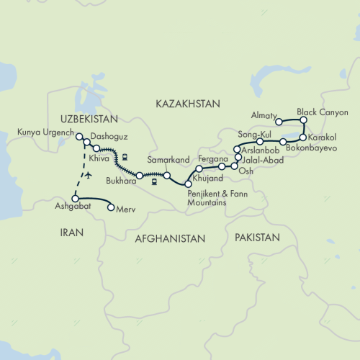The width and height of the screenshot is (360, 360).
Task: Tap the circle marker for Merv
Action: pyautogui.click(x=110, y=208)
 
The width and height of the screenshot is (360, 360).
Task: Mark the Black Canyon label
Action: pyautogui.click(x=323, y=113)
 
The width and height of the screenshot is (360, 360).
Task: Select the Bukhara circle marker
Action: pyautogui.click(x=140, y=176)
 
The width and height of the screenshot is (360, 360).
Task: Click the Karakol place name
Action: pyautogui.click(x=322, y=137)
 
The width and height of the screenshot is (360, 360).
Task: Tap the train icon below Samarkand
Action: pyautogui.click(x=154, y=182)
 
